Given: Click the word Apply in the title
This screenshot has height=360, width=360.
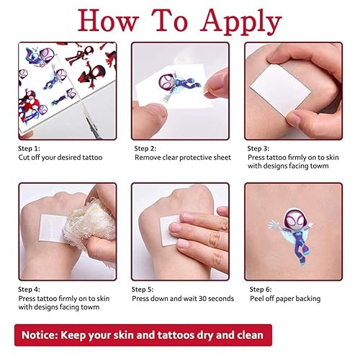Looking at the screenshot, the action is (241, 22).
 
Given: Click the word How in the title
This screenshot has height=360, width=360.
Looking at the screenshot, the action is (108, 20).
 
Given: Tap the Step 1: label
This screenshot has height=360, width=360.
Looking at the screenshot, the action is (29, 148).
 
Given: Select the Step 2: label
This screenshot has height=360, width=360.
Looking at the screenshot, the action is (145, 148).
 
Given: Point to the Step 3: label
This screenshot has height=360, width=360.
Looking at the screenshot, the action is (258, 148).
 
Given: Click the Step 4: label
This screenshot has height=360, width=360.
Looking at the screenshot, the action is (29, 289).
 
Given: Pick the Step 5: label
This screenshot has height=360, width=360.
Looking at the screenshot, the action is (143, 289).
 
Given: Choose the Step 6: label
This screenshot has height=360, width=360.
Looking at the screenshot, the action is (261, 289).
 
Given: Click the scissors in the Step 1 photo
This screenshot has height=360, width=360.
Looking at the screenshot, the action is (92, 125).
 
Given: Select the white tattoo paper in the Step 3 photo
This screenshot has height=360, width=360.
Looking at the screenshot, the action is (280, 90).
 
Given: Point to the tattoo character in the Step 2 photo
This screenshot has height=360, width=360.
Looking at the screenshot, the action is (179, 85).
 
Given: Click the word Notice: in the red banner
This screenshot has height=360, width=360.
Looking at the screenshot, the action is (40, 335).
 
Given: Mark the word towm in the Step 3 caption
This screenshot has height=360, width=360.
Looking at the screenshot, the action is (319, 166).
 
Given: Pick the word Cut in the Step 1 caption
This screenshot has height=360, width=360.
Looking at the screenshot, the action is (24, 158).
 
